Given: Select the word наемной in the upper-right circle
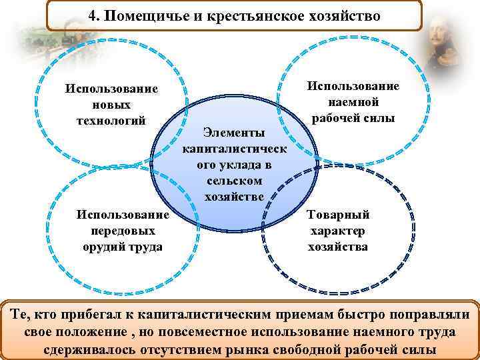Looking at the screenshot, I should tap(353, 102).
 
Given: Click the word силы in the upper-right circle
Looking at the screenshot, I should tap(380, 118).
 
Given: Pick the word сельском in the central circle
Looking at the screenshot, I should tap(234, 181).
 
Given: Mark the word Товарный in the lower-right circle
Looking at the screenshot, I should tap(338, 215).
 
